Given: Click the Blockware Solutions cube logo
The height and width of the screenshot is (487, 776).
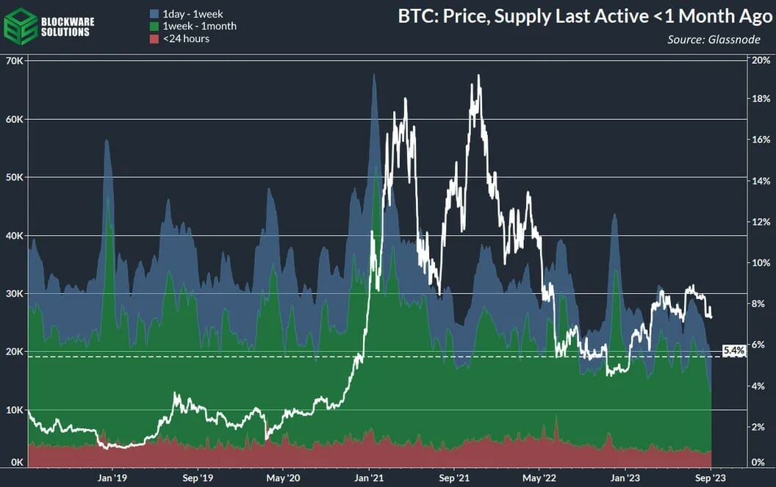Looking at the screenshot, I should click(x=20, y=26).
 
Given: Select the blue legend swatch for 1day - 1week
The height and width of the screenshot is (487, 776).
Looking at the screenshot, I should click(x=154, y=14).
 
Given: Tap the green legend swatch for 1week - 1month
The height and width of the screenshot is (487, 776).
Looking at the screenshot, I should click(x=154, y=26).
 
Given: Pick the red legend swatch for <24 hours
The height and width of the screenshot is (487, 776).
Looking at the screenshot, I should click(x=154, y=39).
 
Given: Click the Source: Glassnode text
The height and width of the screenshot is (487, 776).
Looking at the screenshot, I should click(x=714, y=40).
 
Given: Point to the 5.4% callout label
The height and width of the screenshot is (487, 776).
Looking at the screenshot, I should click(x=733, y=351).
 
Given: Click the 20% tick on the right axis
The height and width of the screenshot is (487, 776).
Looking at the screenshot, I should click(x=761, y=60).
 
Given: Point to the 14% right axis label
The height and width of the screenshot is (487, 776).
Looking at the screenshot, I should click(x=761, y=181).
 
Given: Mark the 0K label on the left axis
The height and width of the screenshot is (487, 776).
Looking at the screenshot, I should click(x=15, y=462).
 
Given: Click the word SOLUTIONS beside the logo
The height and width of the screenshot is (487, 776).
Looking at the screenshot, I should click(x=66, y=32).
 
